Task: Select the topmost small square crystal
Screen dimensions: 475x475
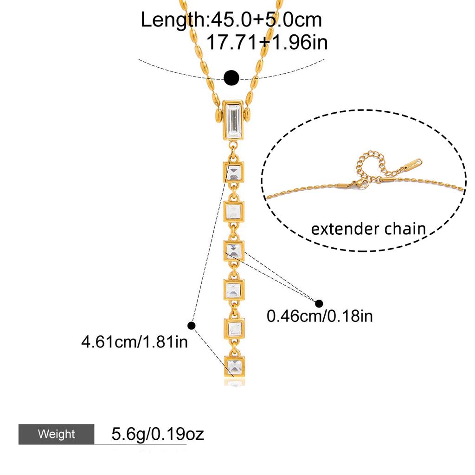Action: click(234, 173)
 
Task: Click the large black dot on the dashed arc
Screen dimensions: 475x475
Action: click(232, 78)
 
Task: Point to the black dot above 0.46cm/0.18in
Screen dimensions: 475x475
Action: click(319, 303)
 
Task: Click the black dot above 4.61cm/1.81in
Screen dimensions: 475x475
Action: click(192, 326)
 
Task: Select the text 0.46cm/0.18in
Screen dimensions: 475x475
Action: click(320, 316)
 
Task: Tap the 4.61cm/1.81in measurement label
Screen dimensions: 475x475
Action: click(135, 342)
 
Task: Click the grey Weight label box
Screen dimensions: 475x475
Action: click(56, 434)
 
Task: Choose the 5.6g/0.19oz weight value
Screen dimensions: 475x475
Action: click(158, 434)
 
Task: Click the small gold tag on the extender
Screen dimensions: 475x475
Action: click(413, 164)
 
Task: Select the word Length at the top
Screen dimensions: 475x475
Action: click(173, 20)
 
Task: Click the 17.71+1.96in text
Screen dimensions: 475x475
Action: click(267, 42)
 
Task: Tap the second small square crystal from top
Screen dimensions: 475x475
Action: click(234, 212)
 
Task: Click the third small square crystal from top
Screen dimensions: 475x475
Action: click(234, 250)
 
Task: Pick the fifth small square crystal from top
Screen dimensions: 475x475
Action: click(234, 328)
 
